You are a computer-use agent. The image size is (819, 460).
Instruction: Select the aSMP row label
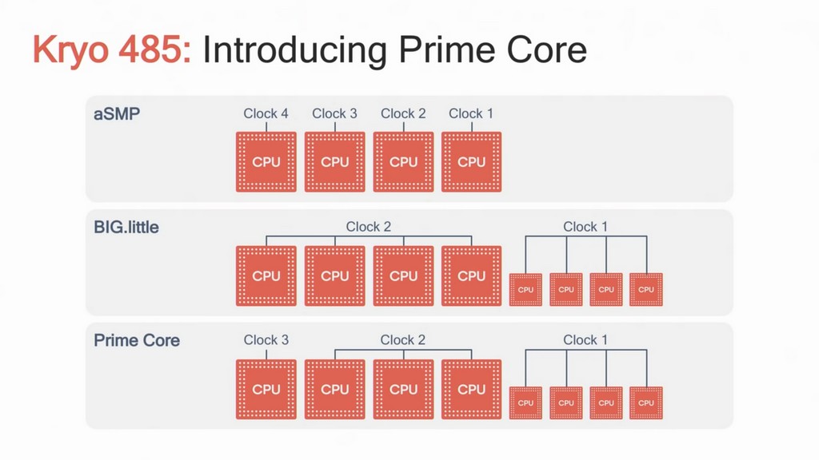tap(117, 113)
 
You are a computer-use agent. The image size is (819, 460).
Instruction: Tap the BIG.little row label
tap(126, 227)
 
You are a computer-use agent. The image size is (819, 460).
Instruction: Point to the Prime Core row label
tap(137, 340)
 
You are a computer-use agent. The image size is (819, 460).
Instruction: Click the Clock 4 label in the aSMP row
tap(266, 113)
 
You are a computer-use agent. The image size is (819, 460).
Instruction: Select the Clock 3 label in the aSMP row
tap(334, 113)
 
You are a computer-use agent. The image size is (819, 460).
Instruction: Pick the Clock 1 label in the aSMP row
tap(471, 113)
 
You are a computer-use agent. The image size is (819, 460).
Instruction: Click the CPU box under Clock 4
tap(266, 162)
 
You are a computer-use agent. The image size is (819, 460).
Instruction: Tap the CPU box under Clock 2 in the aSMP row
tap(403, 162)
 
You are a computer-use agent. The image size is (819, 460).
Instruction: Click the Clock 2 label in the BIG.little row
tap(369, 227)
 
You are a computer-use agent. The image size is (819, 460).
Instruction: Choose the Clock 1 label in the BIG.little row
tap(585, 227)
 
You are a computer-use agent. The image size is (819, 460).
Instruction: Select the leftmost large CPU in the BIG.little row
tap(266, 276)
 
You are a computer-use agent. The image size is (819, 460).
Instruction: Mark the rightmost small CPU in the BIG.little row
tap(646, 290)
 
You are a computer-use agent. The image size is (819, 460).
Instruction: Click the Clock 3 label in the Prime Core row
tap(266, 340)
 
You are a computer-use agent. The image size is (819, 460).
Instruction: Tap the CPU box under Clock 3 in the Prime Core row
tap(266, 389)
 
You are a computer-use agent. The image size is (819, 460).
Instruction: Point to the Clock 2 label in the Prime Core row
tap(403, 340)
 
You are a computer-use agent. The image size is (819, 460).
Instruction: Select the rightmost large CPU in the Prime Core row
tap(472, 389)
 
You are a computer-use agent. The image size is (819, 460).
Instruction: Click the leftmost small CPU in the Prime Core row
tap(525, 403)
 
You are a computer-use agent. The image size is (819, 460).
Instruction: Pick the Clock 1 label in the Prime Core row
tap(585, 340)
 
